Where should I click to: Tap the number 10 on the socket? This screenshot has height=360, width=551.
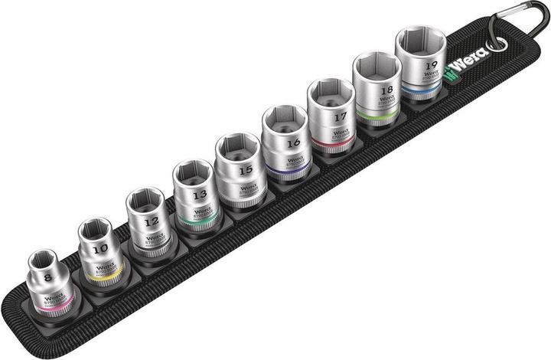[99, 250]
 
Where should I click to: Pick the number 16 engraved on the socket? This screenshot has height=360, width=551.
[292, 142]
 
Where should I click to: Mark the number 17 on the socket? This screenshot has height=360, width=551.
[340, 118]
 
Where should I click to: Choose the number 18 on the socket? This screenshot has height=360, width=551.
[385, 90]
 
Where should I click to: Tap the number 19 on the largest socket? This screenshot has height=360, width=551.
[430, 66]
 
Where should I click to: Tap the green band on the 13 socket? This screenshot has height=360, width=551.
[193, 221]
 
